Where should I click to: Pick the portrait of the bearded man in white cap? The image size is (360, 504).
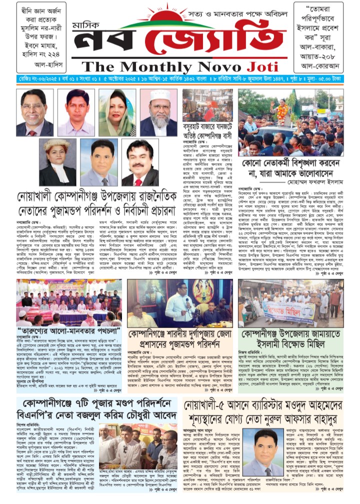point(159,113)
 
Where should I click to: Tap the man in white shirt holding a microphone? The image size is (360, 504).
point(179,302)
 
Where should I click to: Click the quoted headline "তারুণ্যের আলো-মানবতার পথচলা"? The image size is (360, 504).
point(62,331)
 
